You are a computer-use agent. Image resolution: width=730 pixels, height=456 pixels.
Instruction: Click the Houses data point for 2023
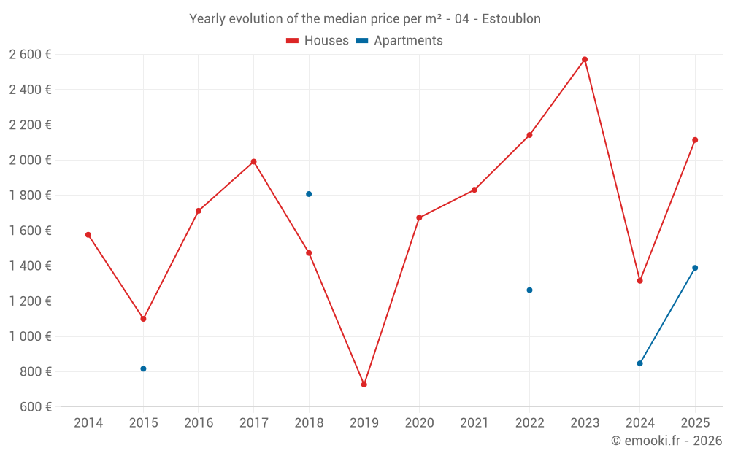pyautogui.click(x=585, y=59)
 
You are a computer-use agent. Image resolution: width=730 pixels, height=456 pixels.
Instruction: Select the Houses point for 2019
pyautogui.click(x=364, y=384)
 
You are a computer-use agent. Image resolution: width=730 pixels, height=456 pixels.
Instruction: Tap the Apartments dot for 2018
pyautogui.click(x=309, y=194)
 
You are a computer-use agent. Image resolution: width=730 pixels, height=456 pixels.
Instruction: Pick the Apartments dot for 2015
pyautogui.click(x=143, y=368)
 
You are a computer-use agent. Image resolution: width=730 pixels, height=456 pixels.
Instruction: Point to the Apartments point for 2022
pyautogui.click(x=529, y=290)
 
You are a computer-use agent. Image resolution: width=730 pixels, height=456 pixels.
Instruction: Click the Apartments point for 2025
pyautogui.click(x=695, y=268)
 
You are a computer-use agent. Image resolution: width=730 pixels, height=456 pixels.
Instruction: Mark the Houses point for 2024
pyautogui.click(x=640, y=281)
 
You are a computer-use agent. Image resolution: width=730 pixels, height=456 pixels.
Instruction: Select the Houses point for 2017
pyautogui.click(x=253, y=161)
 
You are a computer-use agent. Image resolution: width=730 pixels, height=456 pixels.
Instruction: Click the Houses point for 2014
pyautogui.click(x=88, y=235)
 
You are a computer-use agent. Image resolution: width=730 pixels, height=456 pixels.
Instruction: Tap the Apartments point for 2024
pyautogui.click(x=640, y=363)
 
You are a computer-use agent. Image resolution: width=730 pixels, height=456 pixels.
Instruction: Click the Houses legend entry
pyautogui.click(x=318, y=41)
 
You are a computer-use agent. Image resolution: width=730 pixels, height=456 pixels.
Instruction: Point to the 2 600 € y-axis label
pyautogui.click(x=31, y=55)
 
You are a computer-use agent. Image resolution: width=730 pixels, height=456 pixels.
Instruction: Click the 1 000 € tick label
pyautogui.click(x=31, y=336)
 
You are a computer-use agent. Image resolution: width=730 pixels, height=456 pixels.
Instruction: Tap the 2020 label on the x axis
pyautogui.click(x=419, y=423)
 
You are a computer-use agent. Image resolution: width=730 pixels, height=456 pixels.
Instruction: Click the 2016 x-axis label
pyautogui.click(x=199, y=423)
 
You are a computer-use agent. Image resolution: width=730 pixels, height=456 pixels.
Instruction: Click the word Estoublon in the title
pyautogui.click(x=511, y=19)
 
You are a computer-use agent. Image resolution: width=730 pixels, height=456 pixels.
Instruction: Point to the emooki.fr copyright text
pyautogui.click(x=666, y=441)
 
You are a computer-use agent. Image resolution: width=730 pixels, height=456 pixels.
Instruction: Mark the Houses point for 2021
pyautogui.click(x=474, y=190)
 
